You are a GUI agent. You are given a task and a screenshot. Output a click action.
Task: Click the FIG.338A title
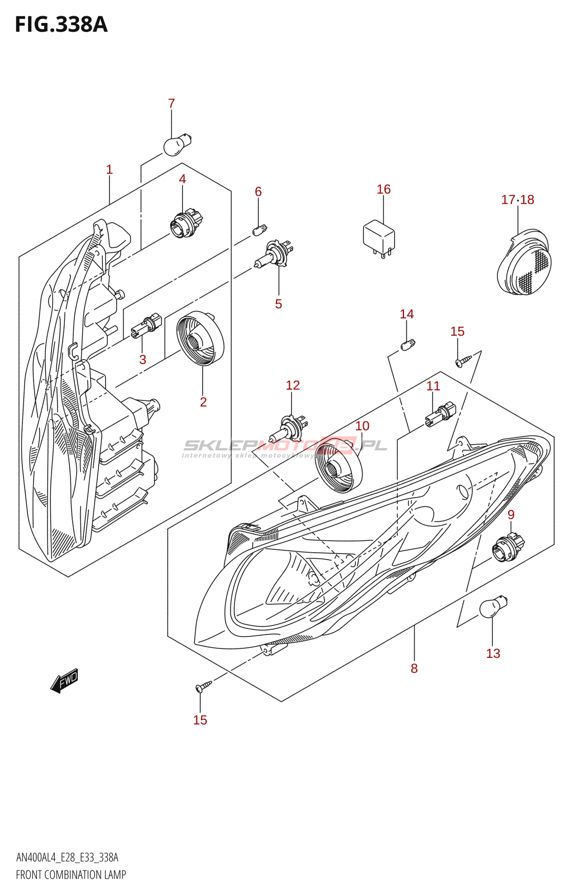coord(61,25)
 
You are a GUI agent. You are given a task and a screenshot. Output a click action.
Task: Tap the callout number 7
coord(171,103)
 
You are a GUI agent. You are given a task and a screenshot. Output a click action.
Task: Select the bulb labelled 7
coord(178,145)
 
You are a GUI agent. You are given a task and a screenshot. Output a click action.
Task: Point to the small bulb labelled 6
coord(260,230)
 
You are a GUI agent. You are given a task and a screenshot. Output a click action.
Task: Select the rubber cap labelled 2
coord(200,338)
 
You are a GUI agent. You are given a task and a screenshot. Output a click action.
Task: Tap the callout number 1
coord(109,169)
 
